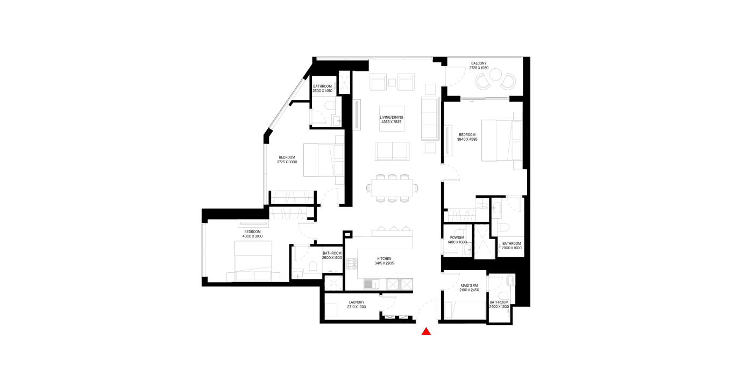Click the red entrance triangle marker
[426, 331]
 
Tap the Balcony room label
[479, 63]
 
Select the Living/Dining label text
[392, 118]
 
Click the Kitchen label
[384, 259]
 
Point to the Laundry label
[357, 302]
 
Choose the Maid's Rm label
[469, 285]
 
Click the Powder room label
[457, 237]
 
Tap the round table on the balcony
[495, 75]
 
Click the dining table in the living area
[392, 188]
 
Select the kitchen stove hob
[352, 264]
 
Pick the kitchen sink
[372, 284]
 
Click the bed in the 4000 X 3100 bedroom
[253, 261]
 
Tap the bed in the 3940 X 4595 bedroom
[502, 140]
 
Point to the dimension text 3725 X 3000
[287, 162]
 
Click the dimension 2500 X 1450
[322, 91]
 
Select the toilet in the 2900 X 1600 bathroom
[504, 228]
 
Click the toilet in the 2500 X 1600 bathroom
[313, 267]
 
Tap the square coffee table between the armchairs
[392, 82]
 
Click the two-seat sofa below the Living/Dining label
[392, 151]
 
